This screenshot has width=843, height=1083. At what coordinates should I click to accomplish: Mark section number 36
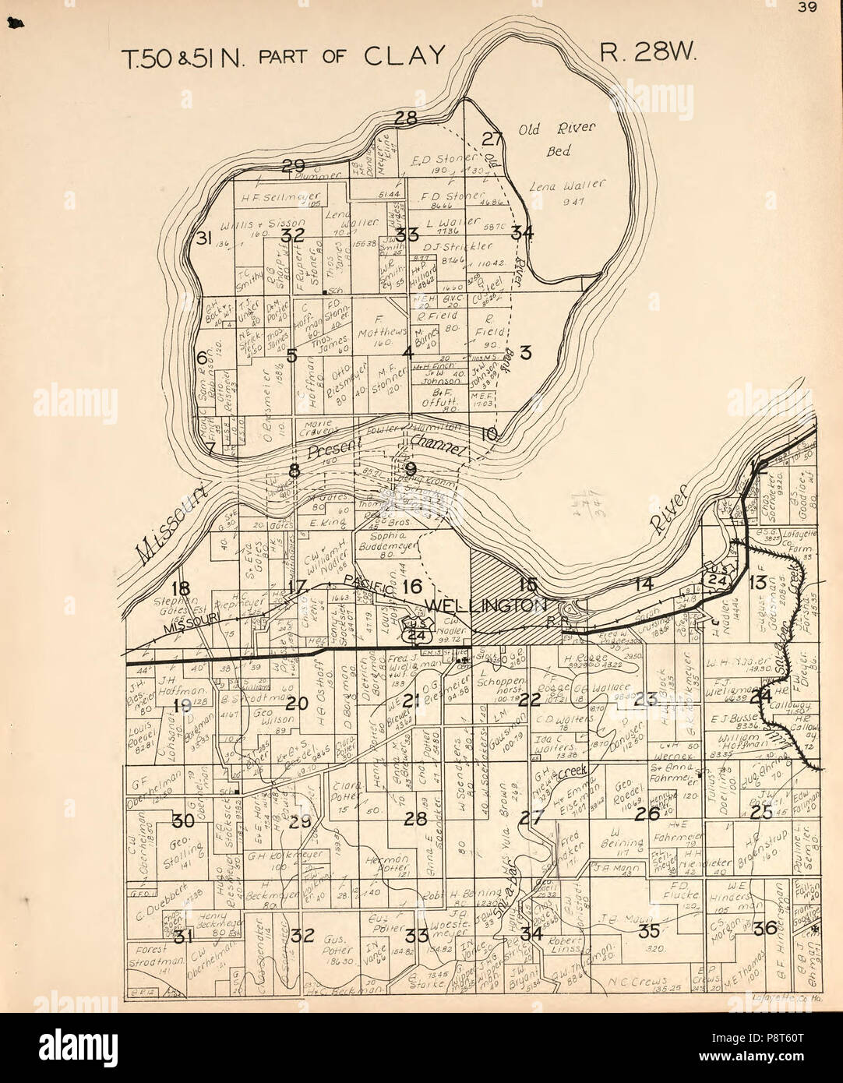coord(765,927)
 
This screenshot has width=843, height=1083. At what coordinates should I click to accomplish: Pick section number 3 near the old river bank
coord(525,353)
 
